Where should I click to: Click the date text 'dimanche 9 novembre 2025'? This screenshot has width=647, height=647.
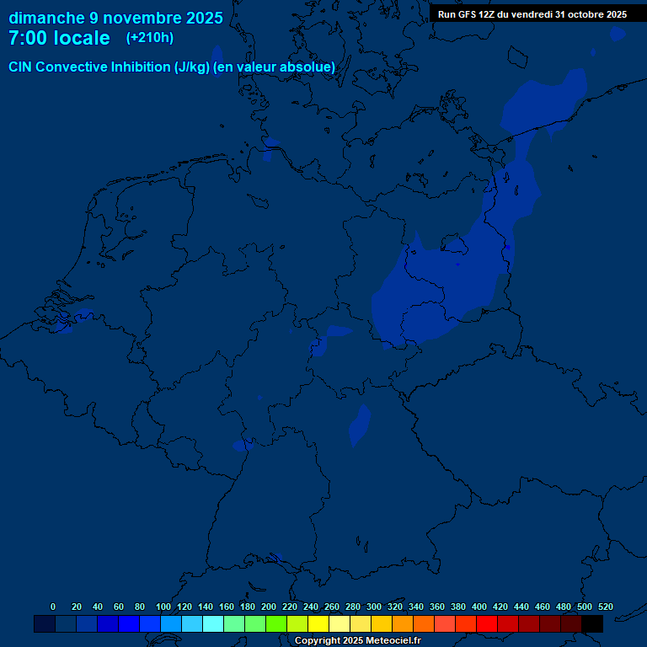pos(115,18)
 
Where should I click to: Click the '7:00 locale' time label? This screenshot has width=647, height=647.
pos(59,38)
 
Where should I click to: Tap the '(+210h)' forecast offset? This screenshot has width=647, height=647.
pos(150,38)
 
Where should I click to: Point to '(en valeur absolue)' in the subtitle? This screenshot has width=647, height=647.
pos(275,67)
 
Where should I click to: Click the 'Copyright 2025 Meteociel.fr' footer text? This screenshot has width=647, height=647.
pos(357,641)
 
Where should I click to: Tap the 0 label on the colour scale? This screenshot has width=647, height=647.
pos(53,607)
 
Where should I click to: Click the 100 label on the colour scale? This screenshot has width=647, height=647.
pos(163,607)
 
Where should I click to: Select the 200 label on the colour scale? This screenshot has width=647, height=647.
pos(269,607)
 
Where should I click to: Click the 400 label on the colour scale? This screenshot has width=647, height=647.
pos(479,607)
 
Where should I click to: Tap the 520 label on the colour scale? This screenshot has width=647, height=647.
pos(606,607)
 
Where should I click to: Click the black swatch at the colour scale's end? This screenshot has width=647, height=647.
pos(592,624)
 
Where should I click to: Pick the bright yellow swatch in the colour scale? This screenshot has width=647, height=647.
pos(318,624)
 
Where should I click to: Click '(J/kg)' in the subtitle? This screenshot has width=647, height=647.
pos(192,67)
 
